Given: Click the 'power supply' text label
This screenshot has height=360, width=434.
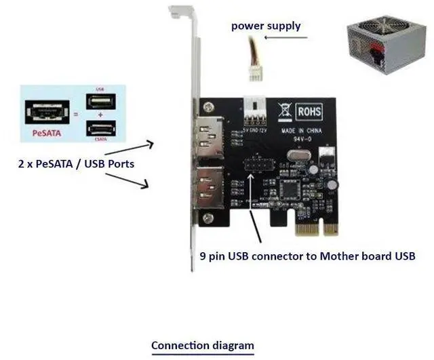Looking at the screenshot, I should click(x=265, y=26).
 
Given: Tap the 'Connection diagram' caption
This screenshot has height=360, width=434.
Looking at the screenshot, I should click(x=202, y=345).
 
